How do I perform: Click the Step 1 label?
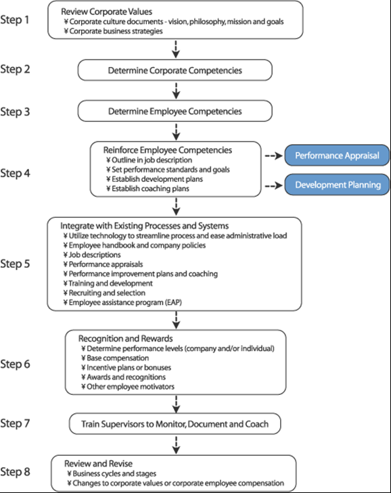[14, 20]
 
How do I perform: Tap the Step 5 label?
[15, 264]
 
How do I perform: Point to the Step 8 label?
[15, 471]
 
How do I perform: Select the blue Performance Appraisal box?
[337, 156]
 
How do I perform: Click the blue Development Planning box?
[338, 185]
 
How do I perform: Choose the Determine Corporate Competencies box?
[175, 70]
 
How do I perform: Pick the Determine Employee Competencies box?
[175, 111]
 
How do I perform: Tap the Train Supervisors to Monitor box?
[175, 424]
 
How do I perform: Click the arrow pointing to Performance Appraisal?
[274, 156]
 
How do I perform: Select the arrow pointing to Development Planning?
[274, 186]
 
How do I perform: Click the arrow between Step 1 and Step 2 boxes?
[176, 49]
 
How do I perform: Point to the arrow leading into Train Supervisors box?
[176, 404]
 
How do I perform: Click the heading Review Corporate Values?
[107, 11]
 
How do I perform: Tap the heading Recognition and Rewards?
[126, 338]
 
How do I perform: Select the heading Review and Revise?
[98, 463]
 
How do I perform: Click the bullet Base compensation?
[115, 358]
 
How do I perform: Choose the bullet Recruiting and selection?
[104, 293]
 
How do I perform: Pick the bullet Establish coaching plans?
[148, 189]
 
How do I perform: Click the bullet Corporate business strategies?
[113, 31]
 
